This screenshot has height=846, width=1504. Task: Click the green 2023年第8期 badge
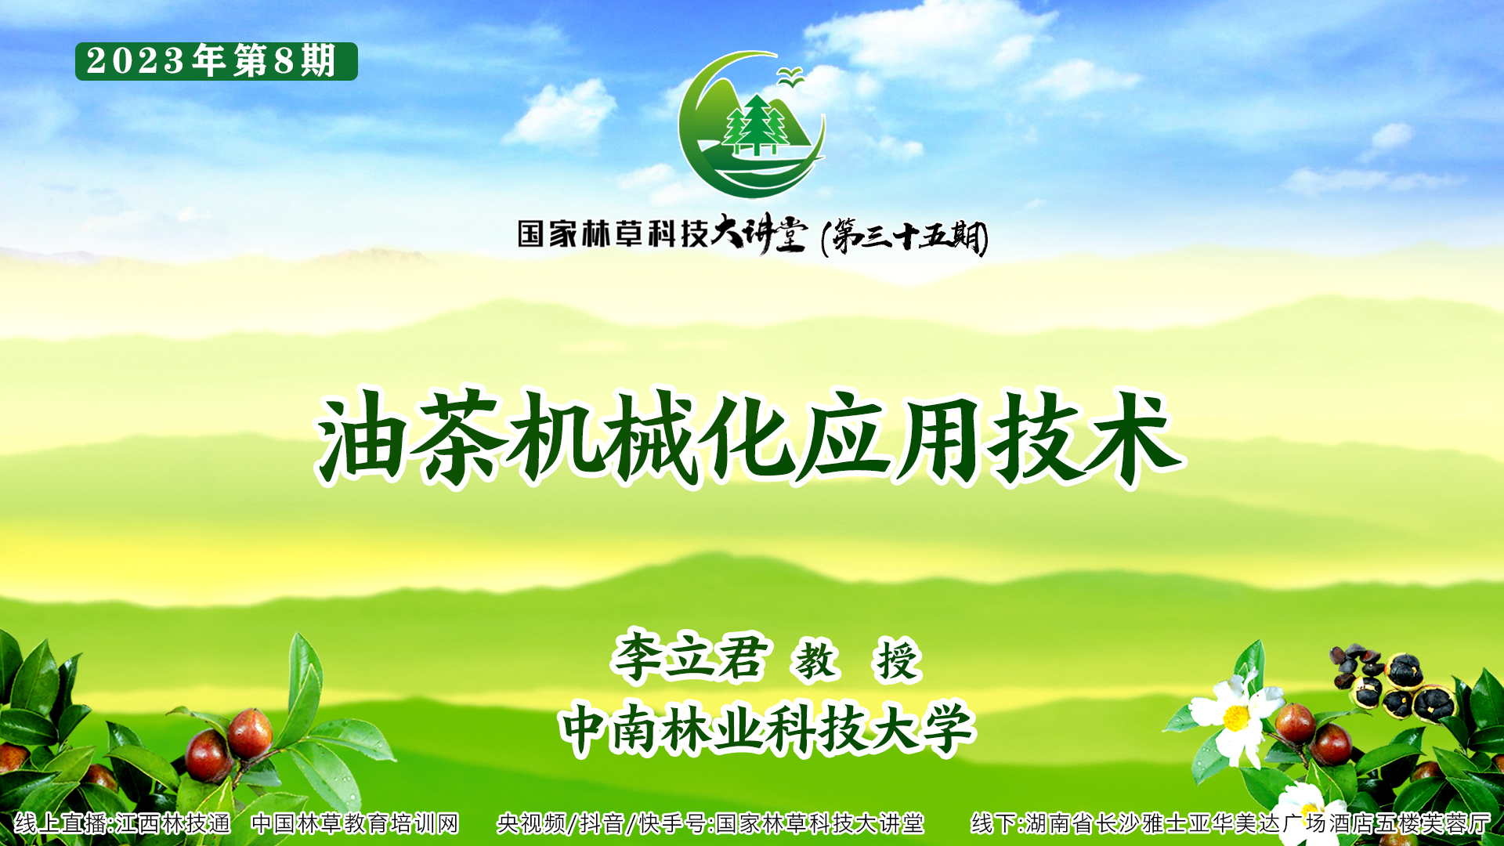click(x=216, y=61)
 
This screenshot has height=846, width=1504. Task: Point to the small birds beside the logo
click(x=790, y=76)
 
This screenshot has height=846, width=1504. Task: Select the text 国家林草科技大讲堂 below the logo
click(x=662, y=233)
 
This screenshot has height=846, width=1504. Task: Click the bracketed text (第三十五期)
click(x=905, y=236)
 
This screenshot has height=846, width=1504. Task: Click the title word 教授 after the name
click(x=857, y=660)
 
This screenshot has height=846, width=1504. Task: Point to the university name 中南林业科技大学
click(x=768, y=729)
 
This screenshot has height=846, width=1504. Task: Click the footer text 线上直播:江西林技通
click(x=122, y=823)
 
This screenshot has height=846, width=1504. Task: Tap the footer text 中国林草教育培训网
click(x=354, y=823)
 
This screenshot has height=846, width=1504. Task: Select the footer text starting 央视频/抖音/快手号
click(x=710, y=823)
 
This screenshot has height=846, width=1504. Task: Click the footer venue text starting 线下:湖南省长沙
click(x=1231, y=823)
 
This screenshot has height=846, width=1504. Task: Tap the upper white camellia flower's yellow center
click(x=1236, y=718)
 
